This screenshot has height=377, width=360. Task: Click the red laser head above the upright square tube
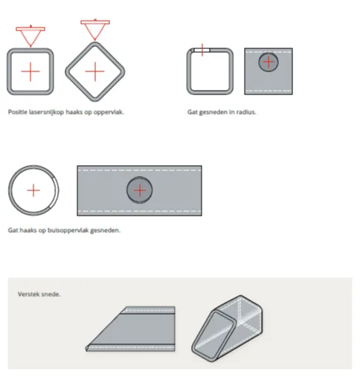click(x=30, y=36)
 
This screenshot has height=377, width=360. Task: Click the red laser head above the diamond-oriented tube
click(x=95, y=30)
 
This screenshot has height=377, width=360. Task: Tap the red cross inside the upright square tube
click(x=30, y=71)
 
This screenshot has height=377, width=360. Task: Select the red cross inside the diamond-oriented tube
click(x=95, y=71)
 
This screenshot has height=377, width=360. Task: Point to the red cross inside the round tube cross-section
click(x=33, y=190)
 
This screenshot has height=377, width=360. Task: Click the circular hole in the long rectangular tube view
click(x=140, y=190)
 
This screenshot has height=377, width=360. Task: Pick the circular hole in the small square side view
click(x=269, y=62)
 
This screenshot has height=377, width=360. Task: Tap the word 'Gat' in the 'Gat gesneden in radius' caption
click(x=193, y=112)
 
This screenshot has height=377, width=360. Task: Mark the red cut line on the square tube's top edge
click(x=202, y=50)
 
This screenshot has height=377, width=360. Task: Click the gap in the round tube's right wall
click(x=56, y=191)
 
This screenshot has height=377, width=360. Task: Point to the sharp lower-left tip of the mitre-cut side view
click(x=86, y=348)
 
